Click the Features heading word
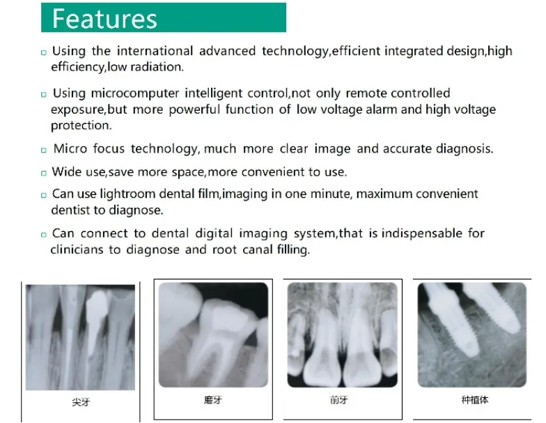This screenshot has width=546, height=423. point(104,18)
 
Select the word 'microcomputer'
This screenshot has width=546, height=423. point(136,93)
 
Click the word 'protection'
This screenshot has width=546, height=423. point(81,126)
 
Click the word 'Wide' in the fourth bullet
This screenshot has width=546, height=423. point(65,171)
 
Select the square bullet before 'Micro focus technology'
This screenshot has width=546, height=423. point(43,151)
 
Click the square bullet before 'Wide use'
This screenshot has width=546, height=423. point(43,173)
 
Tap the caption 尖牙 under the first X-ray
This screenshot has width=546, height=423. point(81,402)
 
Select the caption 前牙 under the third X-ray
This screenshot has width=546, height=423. point(339,400)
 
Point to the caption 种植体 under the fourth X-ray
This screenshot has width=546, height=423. point(474,400)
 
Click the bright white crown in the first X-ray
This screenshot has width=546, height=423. point(97,302)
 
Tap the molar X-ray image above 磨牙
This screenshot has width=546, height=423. point(212,334)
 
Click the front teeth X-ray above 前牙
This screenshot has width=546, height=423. point(342,334)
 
